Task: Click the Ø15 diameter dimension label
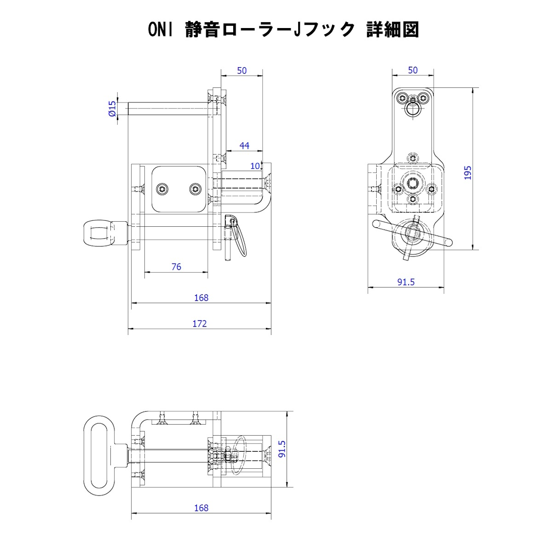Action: [x=112, y=109]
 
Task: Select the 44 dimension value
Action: [x=244, y=145]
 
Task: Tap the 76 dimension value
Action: [x=176, y=267]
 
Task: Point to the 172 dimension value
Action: [x=199, y=323]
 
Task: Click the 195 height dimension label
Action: [x=467, y=172]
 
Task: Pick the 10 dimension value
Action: [x=255, y=166]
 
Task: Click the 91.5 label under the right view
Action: [x=406, y=282]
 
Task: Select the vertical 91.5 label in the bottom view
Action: [x=282, y=449]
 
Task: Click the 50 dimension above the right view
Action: [x=413, y=70]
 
